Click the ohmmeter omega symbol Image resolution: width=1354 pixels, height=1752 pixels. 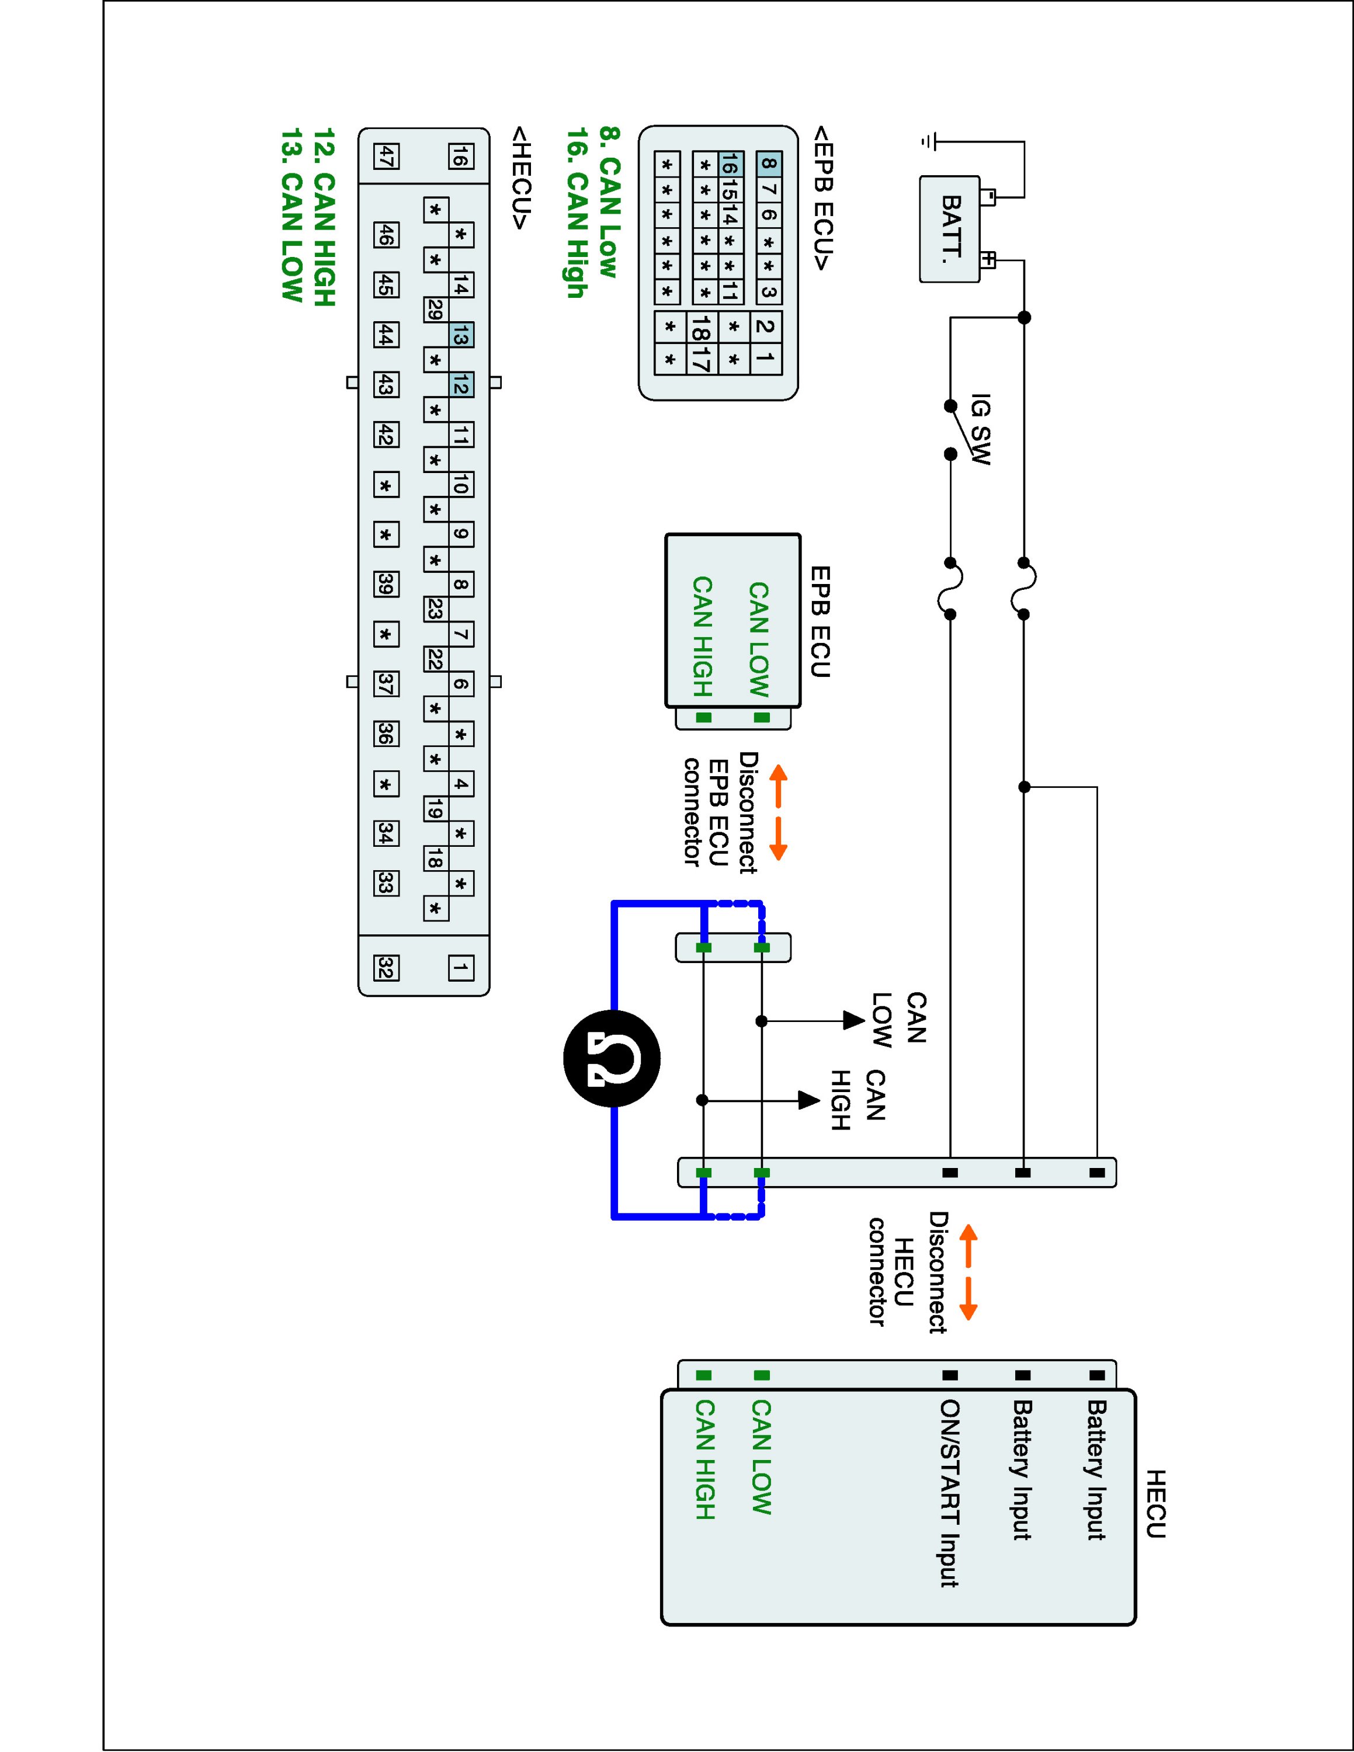click(x=612, y=1059)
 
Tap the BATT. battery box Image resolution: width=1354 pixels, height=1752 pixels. click(x=950, y=230)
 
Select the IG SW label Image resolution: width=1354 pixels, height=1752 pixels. click(x=980, y=429)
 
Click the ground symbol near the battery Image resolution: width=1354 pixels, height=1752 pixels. click(x=929, y=142)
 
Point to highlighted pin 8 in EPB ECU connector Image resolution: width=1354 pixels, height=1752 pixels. click(x=769, y=165)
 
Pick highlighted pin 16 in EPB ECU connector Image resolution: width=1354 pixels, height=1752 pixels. click(x=729, y=165)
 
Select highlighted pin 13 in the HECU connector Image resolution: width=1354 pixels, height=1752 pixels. click(x=460, y=335)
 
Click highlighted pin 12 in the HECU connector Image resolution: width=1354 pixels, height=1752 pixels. click(x=460, y=385)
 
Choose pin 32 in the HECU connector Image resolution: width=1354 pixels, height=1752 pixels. click(x=386, y=968)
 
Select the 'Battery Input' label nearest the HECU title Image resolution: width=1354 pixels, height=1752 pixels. click(x=1096, y=1469)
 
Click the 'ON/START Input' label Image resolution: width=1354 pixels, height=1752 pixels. click(x=950, y=1493)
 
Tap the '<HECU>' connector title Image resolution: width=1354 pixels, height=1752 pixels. click(x=520, y=178)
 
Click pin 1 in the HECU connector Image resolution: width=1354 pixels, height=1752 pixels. click(x=460, y=968)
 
